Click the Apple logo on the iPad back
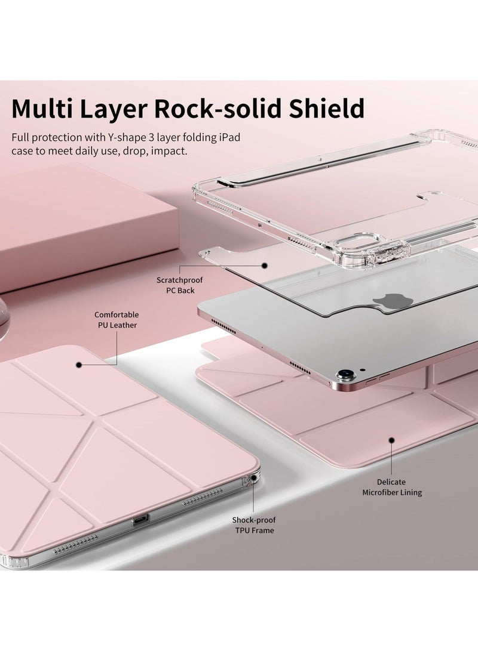click(x=384, y=302)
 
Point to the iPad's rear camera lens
click(x=344, y=377)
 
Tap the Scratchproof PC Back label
click(x=176, y=285)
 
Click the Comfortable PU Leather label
click(x=116, y=319)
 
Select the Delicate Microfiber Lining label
click(x=392, y=487)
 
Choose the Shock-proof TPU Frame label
click(x=253, y=524)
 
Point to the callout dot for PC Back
click(x=263, y=265)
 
